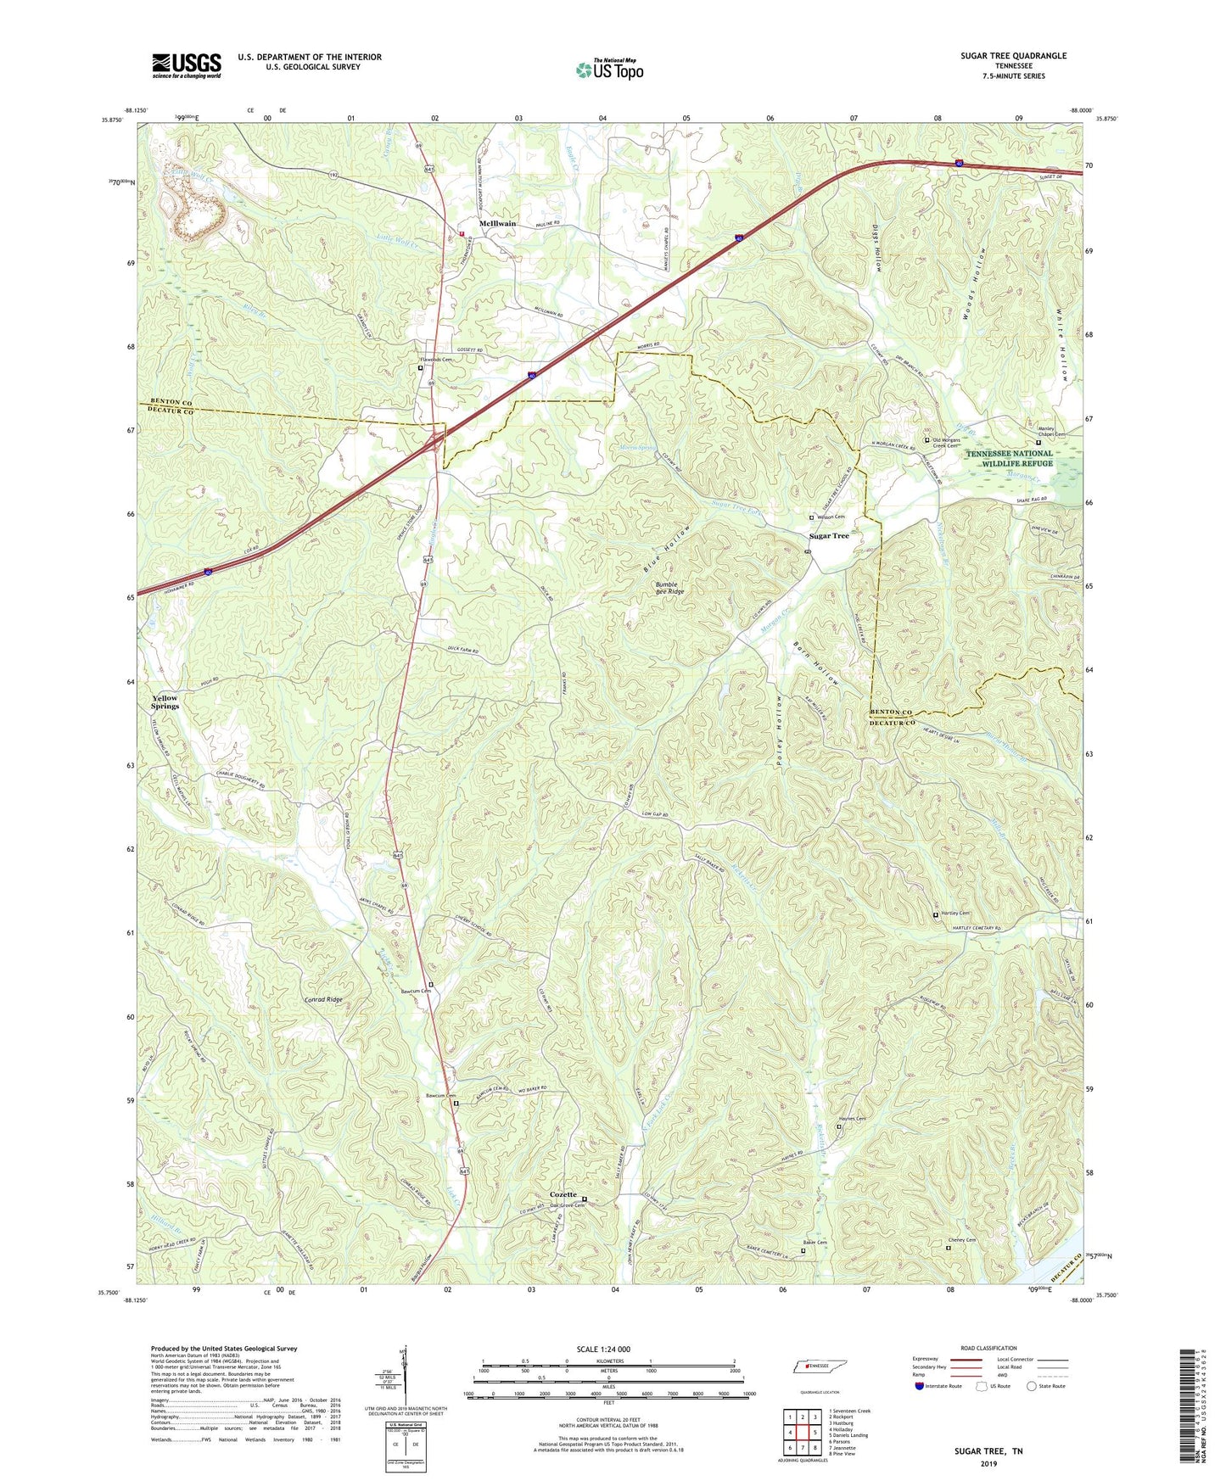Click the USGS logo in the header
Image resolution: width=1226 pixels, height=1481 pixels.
tap(186, 65)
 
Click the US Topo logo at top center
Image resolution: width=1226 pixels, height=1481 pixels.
tap(609, 70)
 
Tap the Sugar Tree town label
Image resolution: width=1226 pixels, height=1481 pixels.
tap(828, 536)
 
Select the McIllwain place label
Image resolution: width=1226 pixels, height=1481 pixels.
tap(497, 224)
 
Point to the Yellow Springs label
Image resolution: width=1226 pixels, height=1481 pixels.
tap(165, 702)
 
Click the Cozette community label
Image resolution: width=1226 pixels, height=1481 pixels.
tap(563, 1194)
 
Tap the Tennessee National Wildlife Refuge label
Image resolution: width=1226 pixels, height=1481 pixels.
tap(1009, 459)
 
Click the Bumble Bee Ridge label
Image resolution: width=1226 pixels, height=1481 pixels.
tap(669, 588)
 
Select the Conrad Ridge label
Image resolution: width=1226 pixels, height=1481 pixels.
tap(323, 1000)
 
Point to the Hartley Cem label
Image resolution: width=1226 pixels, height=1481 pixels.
tap(955, 914)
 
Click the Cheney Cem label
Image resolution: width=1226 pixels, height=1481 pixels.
tap(965, 1240)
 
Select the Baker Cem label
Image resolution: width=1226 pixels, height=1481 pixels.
tap(815, 1243)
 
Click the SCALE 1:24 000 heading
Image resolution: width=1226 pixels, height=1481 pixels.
tap(603, 1350)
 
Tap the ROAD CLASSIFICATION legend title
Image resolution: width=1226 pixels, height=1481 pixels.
tap(988, 1348)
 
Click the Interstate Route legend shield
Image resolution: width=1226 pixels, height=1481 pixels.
tap(920, 1386)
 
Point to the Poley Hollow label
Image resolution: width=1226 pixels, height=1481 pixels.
tap(780, 731)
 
